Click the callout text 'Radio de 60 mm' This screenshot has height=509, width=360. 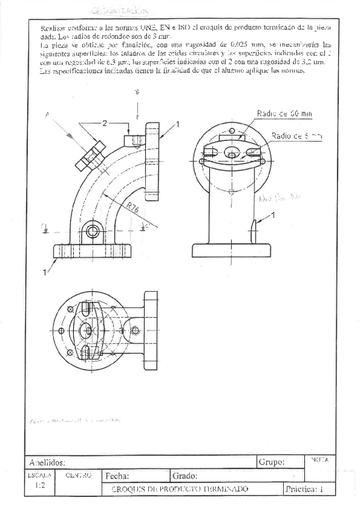[284, 113]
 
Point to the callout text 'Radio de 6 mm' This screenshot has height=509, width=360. [296, 136]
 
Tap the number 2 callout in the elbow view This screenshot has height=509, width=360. [104, 123]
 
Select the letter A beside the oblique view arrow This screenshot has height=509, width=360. [47, 115]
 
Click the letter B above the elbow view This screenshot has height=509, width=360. [137, 92]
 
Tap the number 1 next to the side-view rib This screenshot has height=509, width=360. [273, 214]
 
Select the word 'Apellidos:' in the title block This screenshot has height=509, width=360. [47, 463]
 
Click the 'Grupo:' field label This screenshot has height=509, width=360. [272, 462]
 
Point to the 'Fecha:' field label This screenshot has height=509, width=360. [118, 476]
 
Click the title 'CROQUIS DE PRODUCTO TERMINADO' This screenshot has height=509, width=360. [179, 489]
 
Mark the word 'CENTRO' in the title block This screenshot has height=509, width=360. [78, 475]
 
